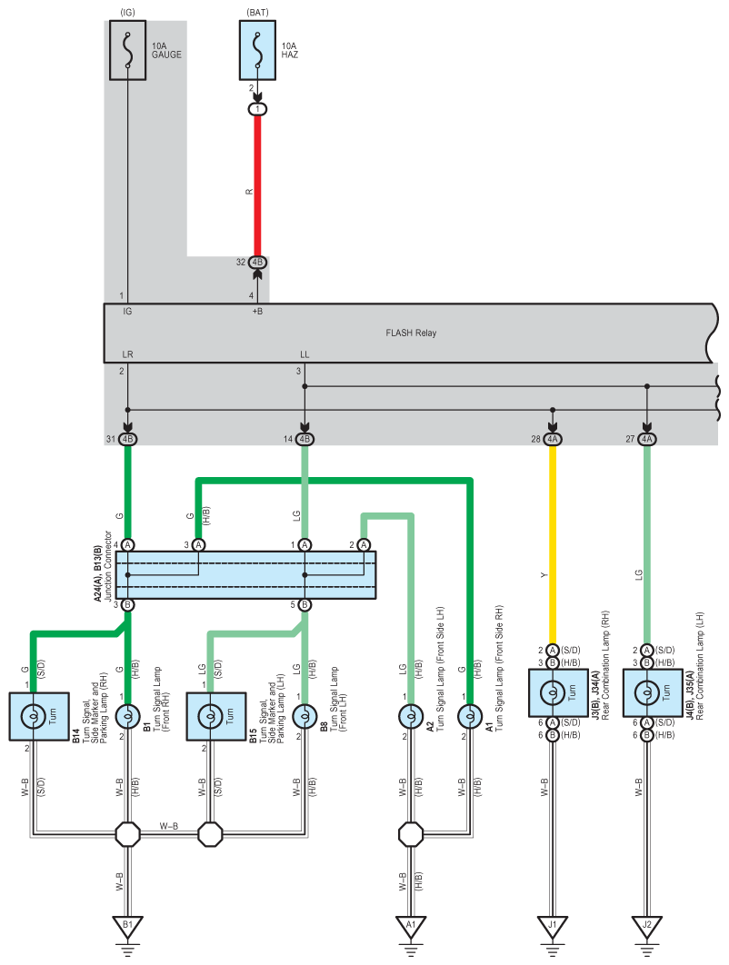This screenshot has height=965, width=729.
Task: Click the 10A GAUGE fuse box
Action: pyautogui.click(x=127, y=50)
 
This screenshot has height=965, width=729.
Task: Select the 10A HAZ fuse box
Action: pyautogui.click(x=257, y=50)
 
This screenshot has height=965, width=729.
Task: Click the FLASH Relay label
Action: pyautogui.click(x=411, y=333)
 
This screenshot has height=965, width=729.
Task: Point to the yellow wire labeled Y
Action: pyautogui.click(x=553, y=544)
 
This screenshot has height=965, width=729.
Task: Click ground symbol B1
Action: pyautogui.click(x=127, y=927)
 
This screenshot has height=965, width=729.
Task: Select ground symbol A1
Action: pyautogui.click(x=411, y=927)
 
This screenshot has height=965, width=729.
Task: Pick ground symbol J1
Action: pyautogui.click(x=553, y=927)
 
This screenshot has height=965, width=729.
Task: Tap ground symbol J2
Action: pyautogui.click(x=646, y=927)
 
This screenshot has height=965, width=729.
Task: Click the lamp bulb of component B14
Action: pyautogui.click(x=33, y=716)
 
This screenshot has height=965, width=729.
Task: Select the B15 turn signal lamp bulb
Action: pyautogui.click(x=210, y=716)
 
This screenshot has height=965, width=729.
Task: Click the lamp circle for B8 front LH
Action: pyautogui.click(x=305, y=716)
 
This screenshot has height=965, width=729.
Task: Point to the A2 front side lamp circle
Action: pyautogui.click(x=411, y=716)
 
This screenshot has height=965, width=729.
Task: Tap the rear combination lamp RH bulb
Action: pyautogui.click(x=553, y=693)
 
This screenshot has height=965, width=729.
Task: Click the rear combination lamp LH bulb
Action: pyautogui.click(x=646, y=693)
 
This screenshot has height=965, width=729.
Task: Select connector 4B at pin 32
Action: pyautogui.click(x=257, y=263)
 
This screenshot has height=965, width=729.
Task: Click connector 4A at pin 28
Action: pyautogui.click(x=553, y=439)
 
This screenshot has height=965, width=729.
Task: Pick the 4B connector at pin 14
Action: pyautogui.click(x=305, y=439)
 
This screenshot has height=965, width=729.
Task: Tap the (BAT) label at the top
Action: pyautogui.click(x=257, y=13)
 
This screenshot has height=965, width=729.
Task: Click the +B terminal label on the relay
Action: pyautogui.click(x=257, y=312)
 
